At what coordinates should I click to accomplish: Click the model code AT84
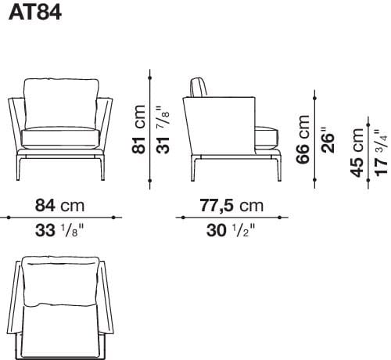tap(34, 13)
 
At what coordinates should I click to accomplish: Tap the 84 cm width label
tap(60, 206)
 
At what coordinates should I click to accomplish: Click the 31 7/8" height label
tap(163, 128)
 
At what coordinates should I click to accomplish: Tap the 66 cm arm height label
tap(303, 140)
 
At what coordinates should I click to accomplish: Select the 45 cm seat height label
tap(357, 156)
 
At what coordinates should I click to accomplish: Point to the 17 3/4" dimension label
tap(381, 153)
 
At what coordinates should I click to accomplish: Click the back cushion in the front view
tap(62, 102)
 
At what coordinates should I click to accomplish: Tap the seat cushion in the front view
tap(61, 139)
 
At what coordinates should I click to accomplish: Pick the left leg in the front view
tap(25, 167)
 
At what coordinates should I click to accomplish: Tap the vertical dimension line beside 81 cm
tap(149, 128)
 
